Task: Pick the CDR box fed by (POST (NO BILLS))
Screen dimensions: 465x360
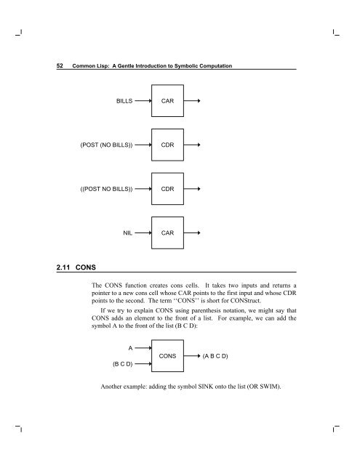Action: click(167, 145)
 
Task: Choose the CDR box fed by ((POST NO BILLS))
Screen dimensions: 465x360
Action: click(167, 189)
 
